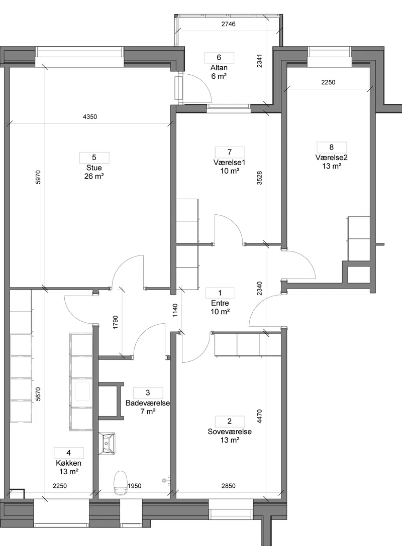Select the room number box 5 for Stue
94,158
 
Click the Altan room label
219,68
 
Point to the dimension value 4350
90,117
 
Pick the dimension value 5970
38,177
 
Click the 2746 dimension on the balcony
228,24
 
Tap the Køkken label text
69,463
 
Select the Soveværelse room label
230,432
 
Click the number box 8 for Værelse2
332,148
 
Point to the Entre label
220,303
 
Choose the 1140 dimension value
175,311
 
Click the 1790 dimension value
116,323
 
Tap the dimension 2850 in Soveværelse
228,486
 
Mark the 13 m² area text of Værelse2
332,166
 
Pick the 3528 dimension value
259,177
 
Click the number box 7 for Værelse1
230,152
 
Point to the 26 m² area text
94,176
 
